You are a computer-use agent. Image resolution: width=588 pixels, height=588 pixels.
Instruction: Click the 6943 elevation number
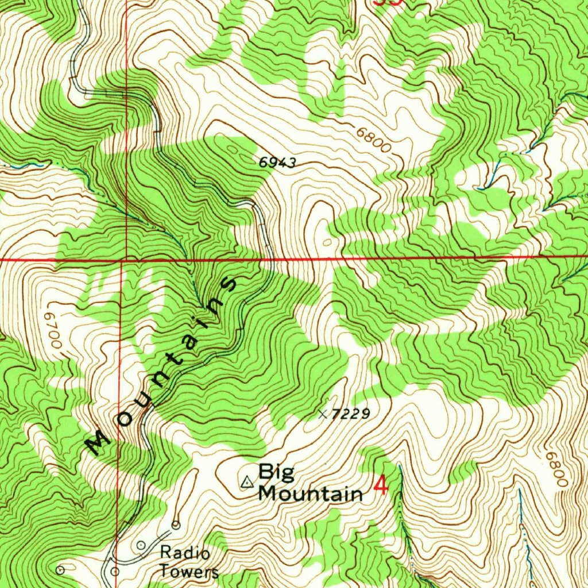point(277,163)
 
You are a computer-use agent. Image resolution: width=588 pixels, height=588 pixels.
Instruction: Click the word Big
point(276,473)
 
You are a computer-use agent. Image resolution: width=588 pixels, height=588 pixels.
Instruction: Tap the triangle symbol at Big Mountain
point(247,482)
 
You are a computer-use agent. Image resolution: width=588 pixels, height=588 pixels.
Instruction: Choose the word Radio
point(185,553)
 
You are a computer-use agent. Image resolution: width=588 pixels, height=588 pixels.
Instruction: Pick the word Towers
point(189,571)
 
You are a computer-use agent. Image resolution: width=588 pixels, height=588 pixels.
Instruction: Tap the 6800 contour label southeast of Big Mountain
point(556,468)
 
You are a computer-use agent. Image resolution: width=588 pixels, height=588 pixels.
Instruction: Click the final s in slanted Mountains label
point(228,284)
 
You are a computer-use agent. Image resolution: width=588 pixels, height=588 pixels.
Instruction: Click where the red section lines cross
point(122,260)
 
